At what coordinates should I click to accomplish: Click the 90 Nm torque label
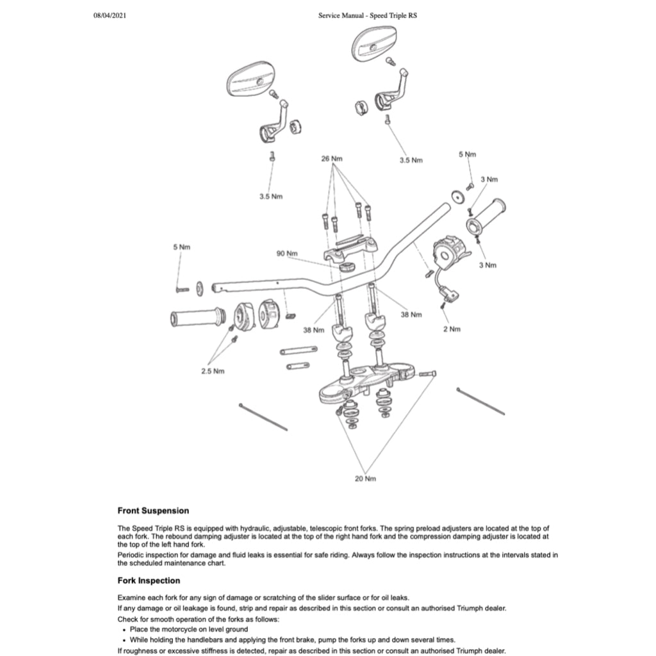coord(287,254)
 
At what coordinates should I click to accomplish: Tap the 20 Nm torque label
coord(365,479)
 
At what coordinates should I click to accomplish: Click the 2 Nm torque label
coord(452,329)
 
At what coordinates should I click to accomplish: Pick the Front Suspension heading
coord(153,511)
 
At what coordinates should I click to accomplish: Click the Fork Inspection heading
coord(149,580)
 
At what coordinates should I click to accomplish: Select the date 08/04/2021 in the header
coord(111,15)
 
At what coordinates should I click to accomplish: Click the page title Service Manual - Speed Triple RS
coord(367,15)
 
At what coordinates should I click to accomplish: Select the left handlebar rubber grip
coord(197,317)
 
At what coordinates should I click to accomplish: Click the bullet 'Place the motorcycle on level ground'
coord(188,629)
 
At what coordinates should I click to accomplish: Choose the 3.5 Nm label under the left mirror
coord(270,196)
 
